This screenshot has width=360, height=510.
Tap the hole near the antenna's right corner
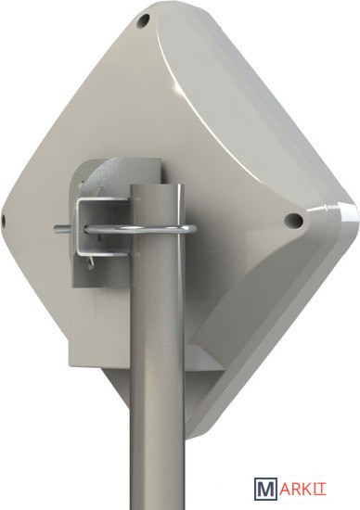tap(293, 220)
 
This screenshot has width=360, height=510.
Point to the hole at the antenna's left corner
tap(3, 221)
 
